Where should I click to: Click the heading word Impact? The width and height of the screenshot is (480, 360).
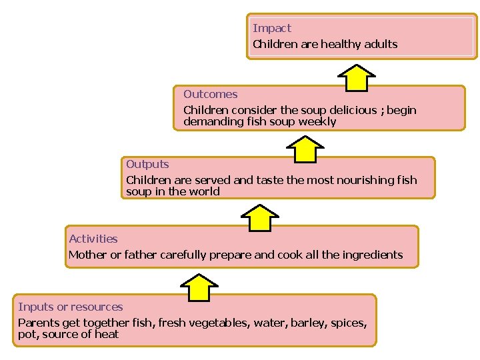coord(272,28)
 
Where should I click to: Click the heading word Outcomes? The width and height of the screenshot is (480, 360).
coord(210,94)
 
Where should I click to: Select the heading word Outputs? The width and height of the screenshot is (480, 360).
coord(147,164)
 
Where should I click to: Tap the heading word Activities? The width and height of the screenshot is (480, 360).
coord(93,239)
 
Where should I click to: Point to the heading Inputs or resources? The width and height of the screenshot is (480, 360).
coord(71,307)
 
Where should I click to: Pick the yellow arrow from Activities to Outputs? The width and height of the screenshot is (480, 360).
coord(259,218)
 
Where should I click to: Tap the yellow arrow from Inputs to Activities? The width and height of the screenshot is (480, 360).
coord(199,287)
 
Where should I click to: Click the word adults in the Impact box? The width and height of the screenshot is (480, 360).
coord(381,44)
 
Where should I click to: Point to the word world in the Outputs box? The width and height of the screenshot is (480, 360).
coord(204,191)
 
